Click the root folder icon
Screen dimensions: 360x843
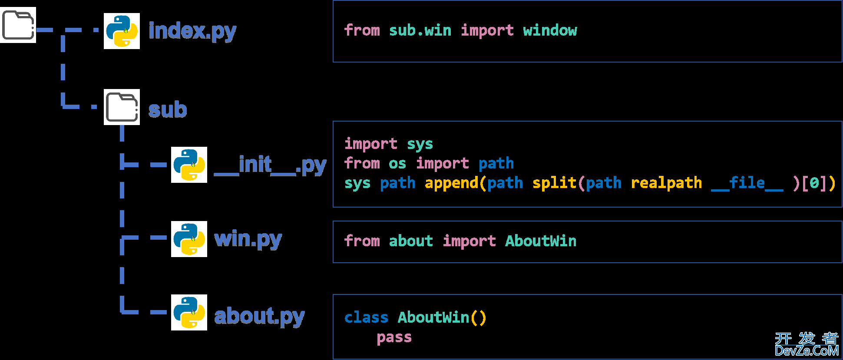pyautogui.click(x=18, y=25)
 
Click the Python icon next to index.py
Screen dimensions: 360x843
pyautogui.click(x=122, y=31)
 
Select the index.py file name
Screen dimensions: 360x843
pyautogui.click(x=192, y=31)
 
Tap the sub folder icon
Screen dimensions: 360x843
pyautogui.click(x=122, y=107)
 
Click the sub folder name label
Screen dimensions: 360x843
pyautogui.click(x=168, y=109)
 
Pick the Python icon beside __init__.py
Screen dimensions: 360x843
pyautogui.click(x=189, y=165)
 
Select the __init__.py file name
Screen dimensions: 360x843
pyautogui.click(x=270, y=165)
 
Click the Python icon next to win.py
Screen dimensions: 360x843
pyautogui.click(x=189, y=239)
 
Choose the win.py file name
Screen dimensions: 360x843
pyautogui.click(x=248, y=239)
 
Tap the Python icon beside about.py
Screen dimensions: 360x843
pyautogui.click(x=189, y=312)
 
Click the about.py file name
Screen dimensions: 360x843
pyautogui.click(x=259, y=316)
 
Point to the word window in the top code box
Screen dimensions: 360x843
pyautogui.click(x=550, y=30)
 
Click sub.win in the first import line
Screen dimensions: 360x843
pyautogui.click(x=420, y=30)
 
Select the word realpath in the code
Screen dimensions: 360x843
pyautogui.click(x=666, y=183)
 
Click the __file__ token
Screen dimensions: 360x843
pyautogui.click(x=747, y=183)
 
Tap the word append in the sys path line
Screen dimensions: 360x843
pyautogui.click(x=451, y=183)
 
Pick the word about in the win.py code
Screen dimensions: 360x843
pyautogui.click(x=411, y=241)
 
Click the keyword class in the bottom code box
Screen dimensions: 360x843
pyautogui.click(x=366, y=317)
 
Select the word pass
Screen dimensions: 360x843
pyautogui.click(x=394, y=337)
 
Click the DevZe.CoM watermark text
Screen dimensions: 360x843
pyautogui.click(x=807, y=350)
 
